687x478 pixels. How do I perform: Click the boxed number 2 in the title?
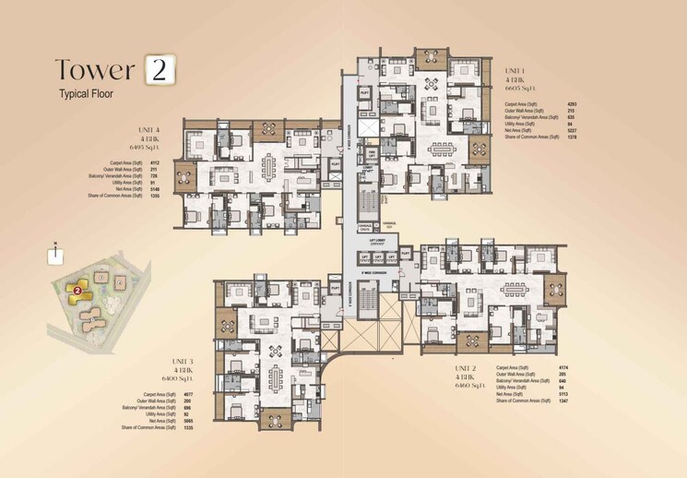(x=160, y=71)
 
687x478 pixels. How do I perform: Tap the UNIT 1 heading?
(x=514, y=70)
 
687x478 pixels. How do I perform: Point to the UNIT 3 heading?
(x=182, y=361)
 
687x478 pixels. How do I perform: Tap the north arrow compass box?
(x=56, y=249)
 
